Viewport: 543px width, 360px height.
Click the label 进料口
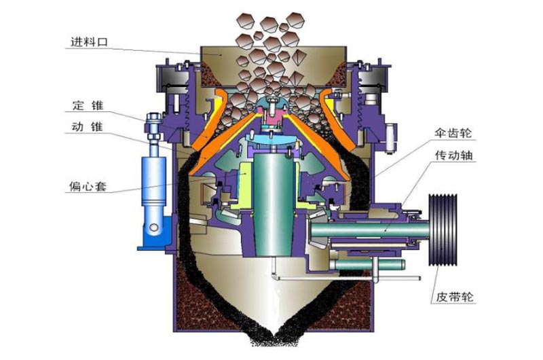(89, 42)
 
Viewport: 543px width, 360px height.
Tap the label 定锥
(88, 105)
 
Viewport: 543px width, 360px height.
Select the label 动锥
(88, 127)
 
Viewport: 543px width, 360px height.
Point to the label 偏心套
(88, 186)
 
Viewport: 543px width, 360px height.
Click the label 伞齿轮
(453, 133)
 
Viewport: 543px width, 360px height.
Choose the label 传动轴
(453, 156)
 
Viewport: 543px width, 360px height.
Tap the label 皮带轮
(454, 297)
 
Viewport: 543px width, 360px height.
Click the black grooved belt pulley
(443, 230)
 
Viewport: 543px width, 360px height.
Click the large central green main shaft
(274, 204)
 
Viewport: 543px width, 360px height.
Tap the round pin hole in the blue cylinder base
(154, 228)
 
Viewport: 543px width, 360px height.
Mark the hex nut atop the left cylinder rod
(153, 117)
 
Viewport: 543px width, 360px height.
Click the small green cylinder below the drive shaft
(367, 265)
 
